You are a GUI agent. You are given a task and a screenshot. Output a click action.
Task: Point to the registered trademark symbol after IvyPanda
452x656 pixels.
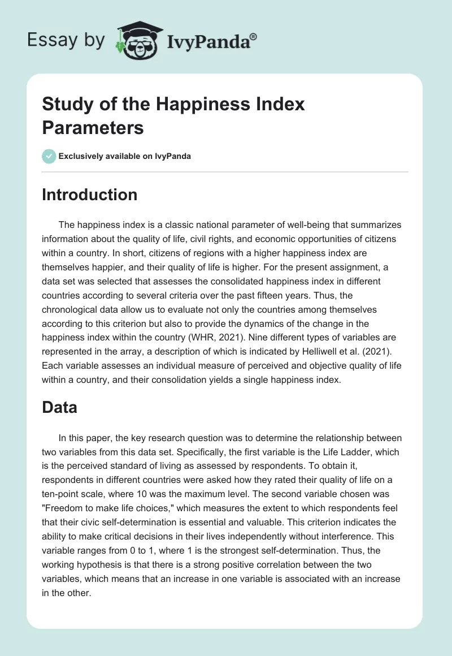tap(254, 37)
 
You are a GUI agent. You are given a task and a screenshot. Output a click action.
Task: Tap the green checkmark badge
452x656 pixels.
tap(49, 156)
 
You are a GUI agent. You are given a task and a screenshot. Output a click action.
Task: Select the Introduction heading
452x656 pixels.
tap(90, 195)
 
